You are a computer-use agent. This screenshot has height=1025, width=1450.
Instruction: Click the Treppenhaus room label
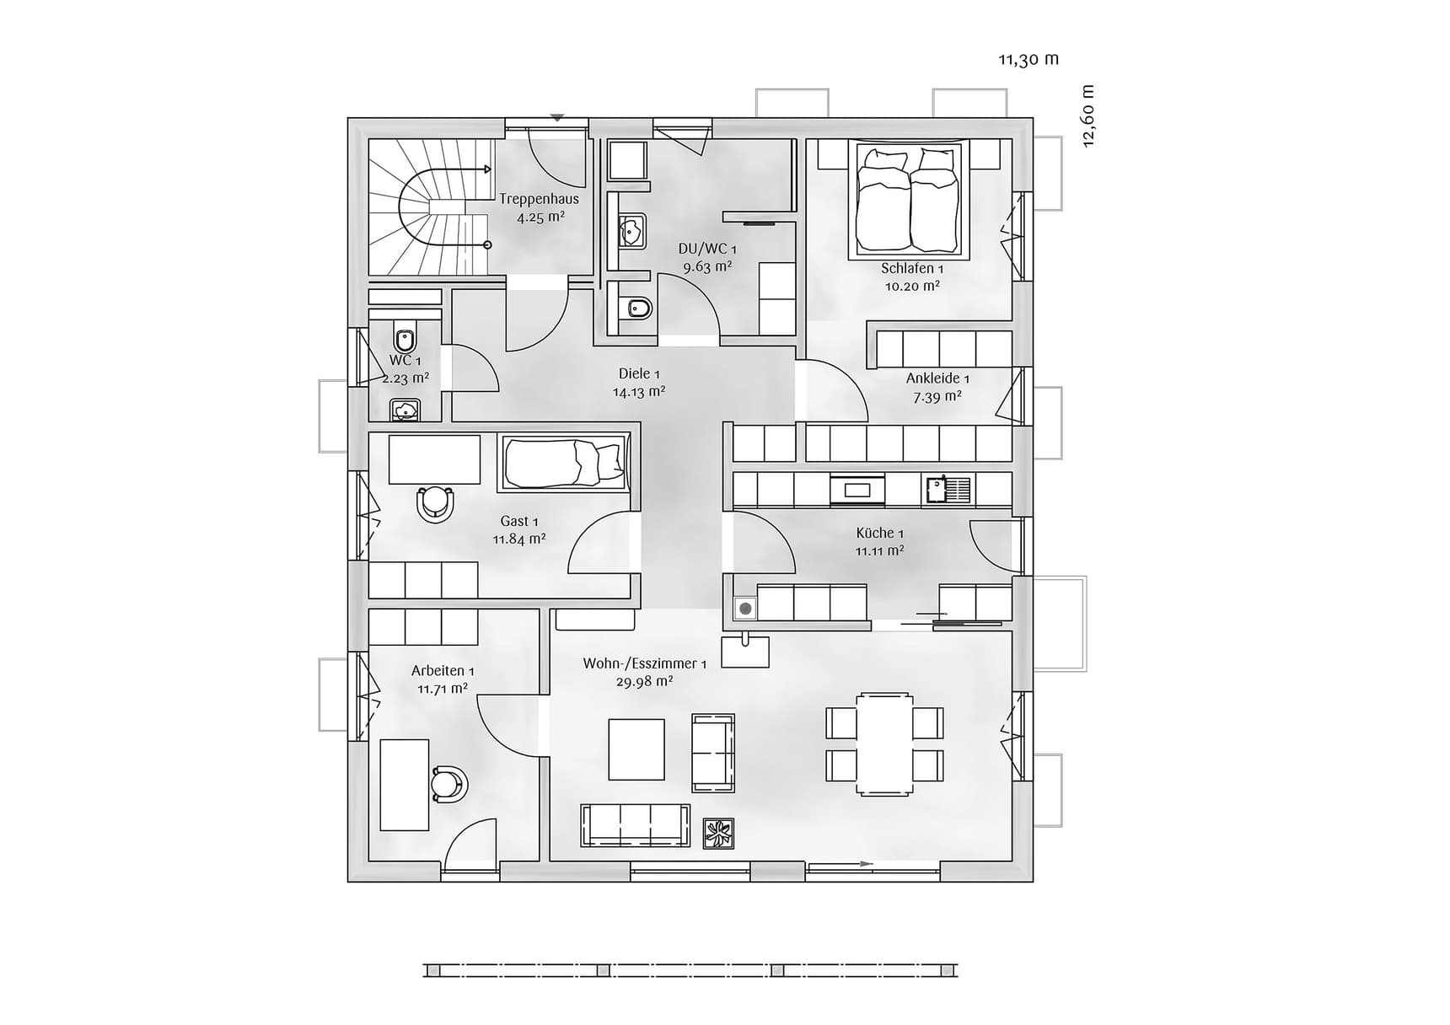(539, 199)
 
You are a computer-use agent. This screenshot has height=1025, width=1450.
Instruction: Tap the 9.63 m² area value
(706, 267)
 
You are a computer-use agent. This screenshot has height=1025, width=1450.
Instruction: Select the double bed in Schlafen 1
(909, 200)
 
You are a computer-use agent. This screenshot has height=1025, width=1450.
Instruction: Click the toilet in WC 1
(405, 339)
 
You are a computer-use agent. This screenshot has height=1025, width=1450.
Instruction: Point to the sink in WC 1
(405, 411)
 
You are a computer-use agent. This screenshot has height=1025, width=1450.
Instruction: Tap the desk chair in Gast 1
(435, 503)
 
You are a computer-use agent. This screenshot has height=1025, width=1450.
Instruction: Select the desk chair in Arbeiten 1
(448, 784)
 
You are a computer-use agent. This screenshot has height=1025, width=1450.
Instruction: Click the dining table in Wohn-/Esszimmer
(884, 743)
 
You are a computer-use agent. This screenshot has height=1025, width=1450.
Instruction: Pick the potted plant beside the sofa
(718, 834)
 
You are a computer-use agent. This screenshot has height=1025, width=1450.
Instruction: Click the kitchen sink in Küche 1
(948, 489)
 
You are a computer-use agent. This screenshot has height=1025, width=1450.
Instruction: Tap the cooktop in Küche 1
(858, 489)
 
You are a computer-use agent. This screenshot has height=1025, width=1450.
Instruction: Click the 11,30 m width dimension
(1028, 59)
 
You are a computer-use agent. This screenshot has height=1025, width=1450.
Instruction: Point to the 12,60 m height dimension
(1087, 116)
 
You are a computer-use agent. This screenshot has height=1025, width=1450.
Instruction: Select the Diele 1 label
(638, 373)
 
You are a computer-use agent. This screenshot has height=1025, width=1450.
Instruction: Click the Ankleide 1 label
(937, 378)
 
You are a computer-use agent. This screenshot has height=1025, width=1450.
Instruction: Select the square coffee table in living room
(636, 749)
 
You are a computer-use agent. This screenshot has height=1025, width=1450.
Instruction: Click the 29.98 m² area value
(644, 682)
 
